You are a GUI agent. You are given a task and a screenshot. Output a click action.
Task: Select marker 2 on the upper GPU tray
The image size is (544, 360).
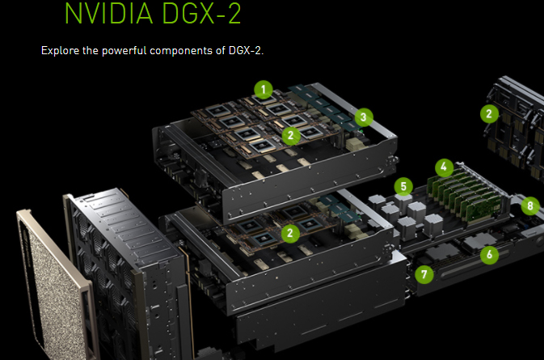tap(290, 135)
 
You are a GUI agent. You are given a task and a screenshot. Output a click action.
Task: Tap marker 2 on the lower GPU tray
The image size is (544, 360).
tap(290, 233)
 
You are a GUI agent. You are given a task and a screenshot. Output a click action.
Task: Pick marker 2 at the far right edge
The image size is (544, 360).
tap(488, 114)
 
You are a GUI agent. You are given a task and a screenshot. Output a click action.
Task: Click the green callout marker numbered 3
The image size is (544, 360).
tap(365, 117)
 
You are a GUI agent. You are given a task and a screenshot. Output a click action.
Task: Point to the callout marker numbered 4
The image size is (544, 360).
tap(443, 167)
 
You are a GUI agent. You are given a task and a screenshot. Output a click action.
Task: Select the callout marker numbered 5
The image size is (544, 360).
tap(403, 187)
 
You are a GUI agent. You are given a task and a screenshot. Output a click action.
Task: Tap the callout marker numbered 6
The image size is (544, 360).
tap(488, 255)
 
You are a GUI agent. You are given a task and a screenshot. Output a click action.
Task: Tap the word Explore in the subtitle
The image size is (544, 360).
tap(61, 51)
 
